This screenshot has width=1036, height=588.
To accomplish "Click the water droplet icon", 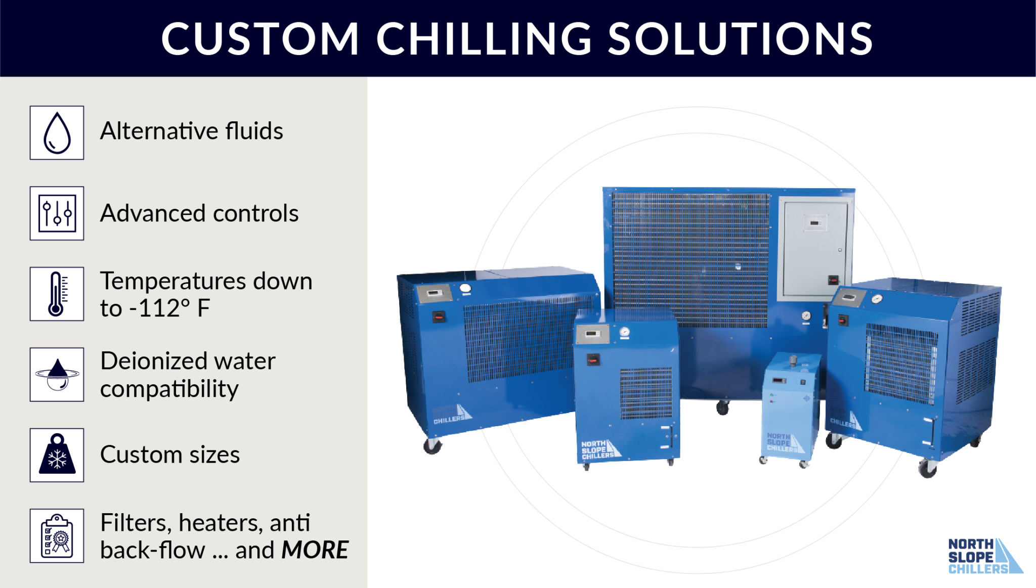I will (57, 132).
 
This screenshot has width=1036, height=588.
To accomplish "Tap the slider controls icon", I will (57, 213).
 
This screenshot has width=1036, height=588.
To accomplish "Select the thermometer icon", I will (57, 294).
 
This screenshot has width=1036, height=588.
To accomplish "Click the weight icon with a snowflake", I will (57, 455).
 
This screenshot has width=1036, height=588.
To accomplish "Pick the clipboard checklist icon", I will (57, 536).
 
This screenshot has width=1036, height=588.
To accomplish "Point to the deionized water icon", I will (57, 375).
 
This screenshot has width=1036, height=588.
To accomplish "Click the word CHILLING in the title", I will (484, 39).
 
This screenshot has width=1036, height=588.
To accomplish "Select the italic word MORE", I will (315, 550).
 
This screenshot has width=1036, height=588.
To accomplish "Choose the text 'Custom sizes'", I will (170, 454).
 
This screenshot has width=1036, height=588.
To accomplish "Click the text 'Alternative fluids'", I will (191, 131).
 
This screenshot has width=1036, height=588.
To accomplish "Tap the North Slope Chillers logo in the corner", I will (984, 556).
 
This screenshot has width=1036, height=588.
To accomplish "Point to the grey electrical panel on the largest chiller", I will (815, 249).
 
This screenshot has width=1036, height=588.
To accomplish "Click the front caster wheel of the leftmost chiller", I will (433, 446).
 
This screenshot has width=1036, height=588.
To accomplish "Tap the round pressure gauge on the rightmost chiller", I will (877, 299).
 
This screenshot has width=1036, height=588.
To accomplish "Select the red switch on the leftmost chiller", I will (439, 317).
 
